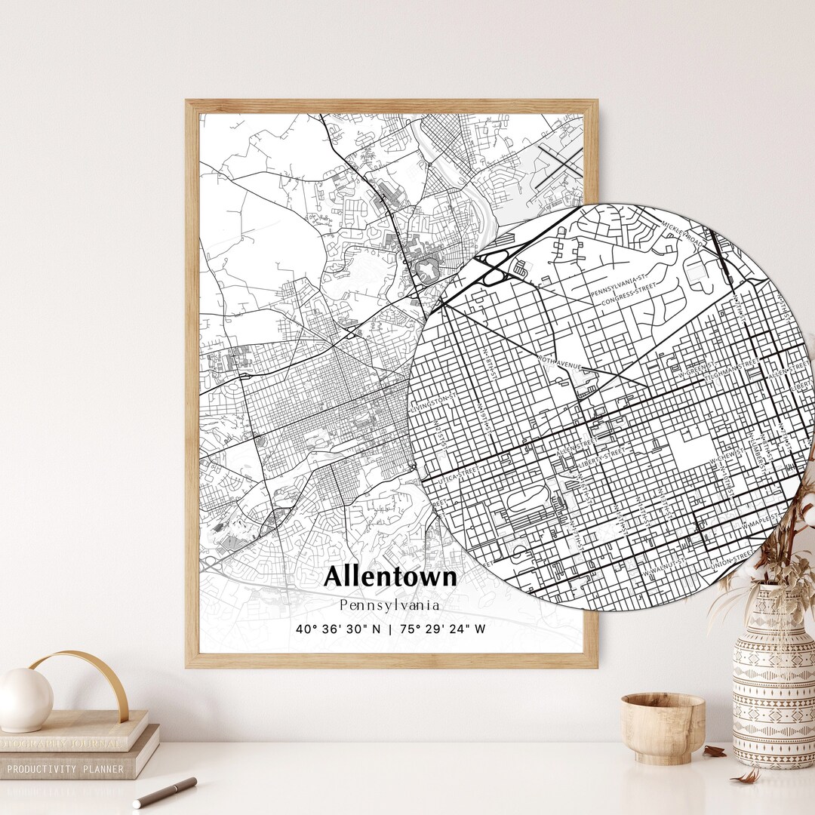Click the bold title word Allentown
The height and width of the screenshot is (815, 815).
pyautogui.click(x=390, y=577)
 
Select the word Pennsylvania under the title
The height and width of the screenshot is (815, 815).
pyautogui.click(x=389, y=604)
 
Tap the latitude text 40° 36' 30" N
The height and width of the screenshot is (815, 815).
pyautogui.click(x=339, y=629)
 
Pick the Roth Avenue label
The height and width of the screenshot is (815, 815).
pyautogui.click(x=558, y=363)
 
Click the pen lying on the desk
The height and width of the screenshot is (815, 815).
pyautogui.click(x=165, y=792)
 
